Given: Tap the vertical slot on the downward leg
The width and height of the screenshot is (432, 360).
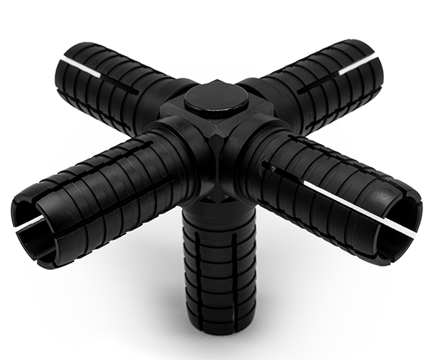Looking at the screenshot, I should tap(216, 288).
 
